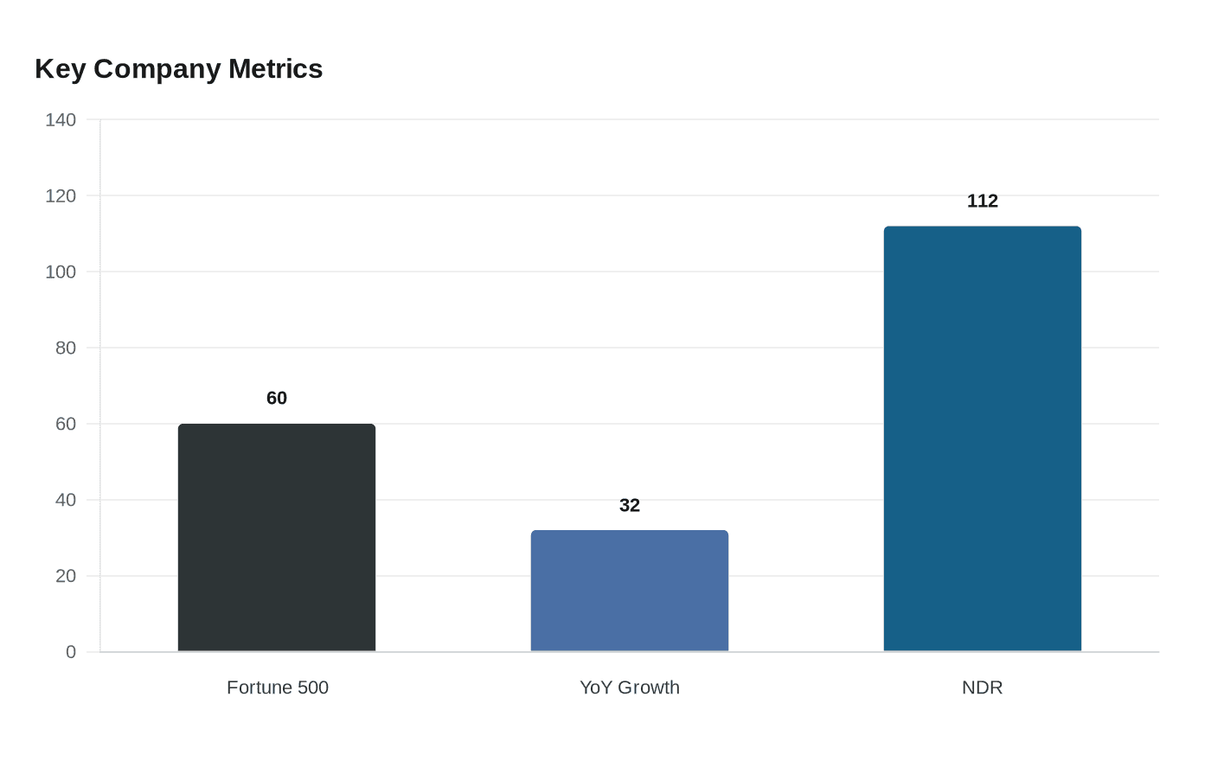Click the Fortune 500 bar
277,537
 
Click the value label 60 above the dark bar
277,398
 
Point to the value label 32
630,505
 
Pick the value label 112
983,201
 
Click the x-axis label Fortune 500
278,687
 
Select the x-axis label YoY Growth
630,687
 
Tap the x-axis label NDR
983,687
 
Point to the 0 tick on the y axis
71,652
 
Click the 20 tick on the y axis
66,576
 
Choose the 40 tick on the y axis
66,500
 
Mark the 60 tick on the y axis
66,424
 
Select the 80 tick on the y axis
66,348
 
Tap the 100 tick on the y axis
61,272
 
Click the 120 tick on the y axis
61,195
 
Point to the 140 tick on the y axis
61,119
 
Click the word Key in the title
60,69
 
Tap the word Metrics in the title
276,69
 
